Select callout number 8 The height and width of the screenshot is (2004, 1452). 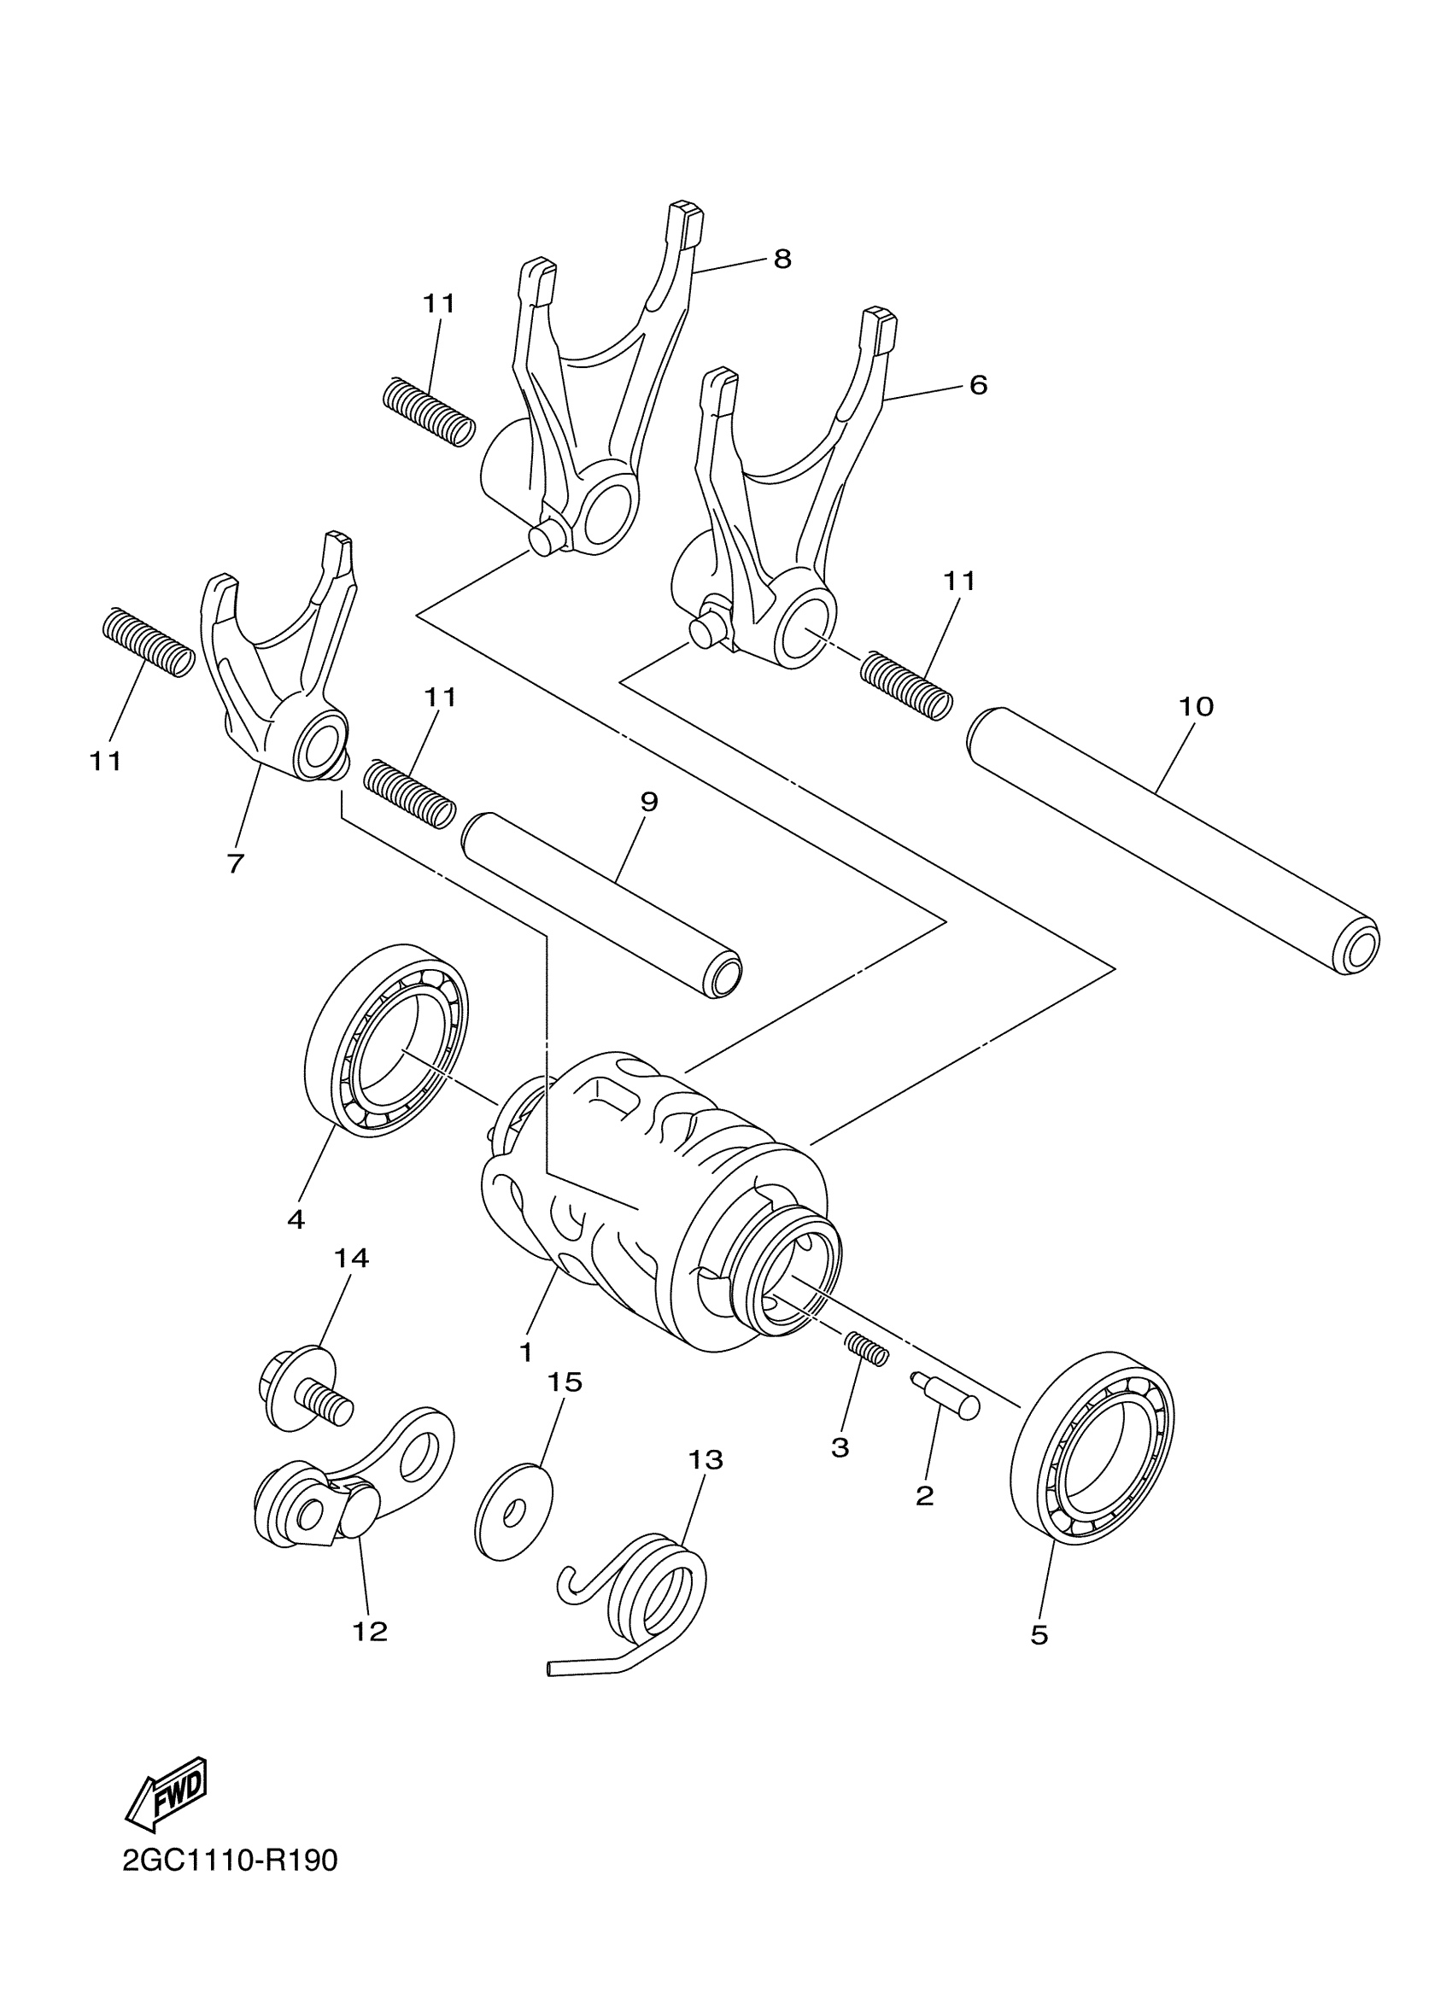[x=782, y=260]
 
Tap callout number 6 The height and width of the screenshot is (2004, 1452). [x=977, y=385]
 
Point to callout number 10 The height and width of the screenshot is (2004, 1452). [x=1196, y=707]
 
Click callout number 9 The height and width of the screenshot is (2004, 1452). [x=649, y=803]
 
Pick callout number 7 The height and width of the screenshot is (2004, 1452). [x=235, y=862]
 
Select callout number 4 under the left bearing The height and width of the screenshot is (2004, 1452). [x=296, y=1219]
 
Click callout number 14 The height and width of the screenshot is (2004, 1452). [x=351, y=1258]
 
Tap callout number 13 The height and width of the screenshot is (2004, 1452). [x=706, y=1461]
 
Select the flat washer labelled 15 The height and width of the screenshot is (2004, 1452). [x=513, y=1514]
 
